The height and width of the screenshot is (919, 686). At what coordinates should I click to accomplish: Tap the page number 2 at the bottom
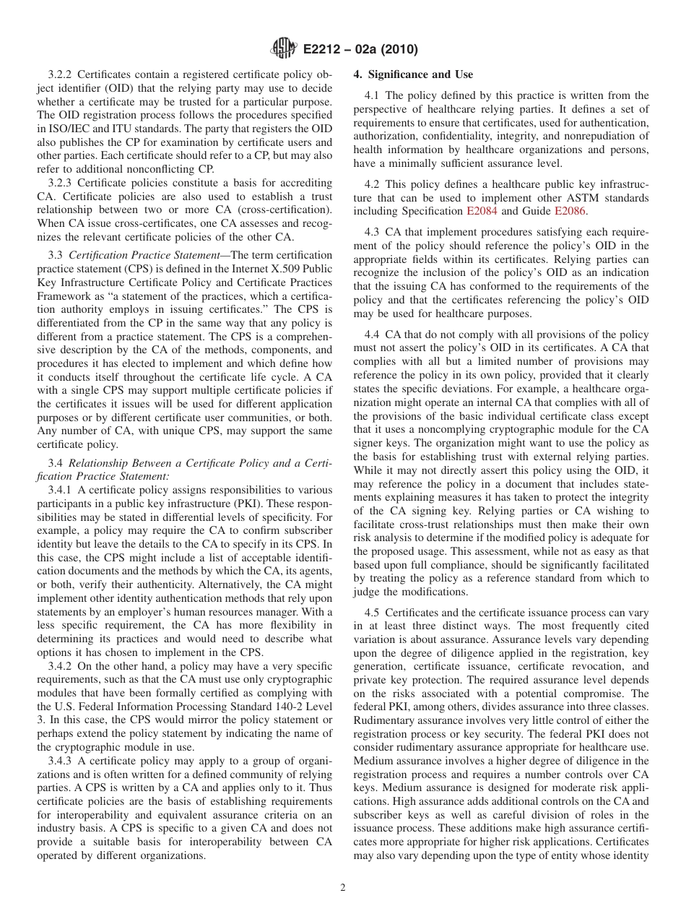coord(343,888)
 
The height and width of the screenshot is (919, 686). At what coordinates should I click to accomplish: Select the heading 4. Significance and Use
coord(413,74)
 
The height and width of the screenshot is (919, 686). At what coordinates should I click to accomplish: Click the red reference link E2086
coord(570,211)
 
